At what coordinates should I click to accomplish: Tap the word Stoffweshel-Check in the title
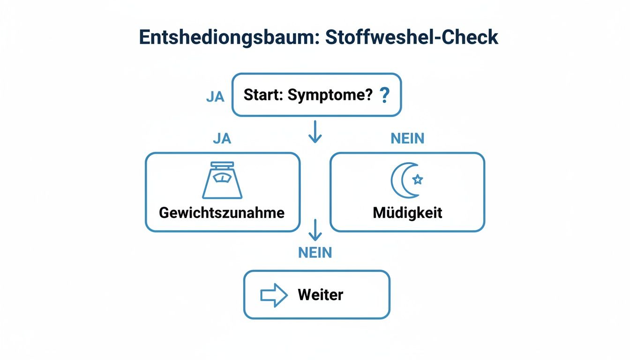pyautogui.click(x=412, y=37)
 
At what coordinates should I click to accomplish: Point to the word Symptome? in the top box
pyautogui.click(x=330, y=95)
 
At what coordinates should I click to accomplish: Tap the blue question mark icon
pyautogui.click(x=385, y=96)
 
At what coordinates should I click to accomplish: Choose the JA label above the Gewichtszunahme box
pyautogui.click(x=222, y=139)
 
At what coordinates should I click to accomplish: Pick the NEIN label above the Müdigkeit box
pyautogui.click(x=407, y=139)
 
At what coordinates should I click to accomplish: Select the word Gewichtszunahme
pyautogui.click(x=222, y=212)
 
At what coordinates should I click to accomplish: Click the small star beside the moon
pyautogui.click(x=417, y=180)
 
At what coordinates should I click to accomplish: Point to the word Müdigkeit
pyautogui.click(x=407, y=212)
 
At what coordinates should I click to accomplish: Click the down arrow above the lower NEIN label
pyautogui.click(x=315, y=230)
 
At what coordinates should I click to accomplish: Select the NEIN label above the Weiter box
pyautogui.click(x=315, y=253)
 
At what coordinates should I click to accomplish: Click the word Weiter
pyautogui.click(x=320, y=295)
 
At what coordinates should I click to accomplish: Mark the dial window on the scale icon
pyautogui.click(x=222, y=178)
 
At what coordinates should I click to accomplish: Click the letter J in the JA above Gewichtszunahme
pyautogui.click(x=217, y=139)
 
